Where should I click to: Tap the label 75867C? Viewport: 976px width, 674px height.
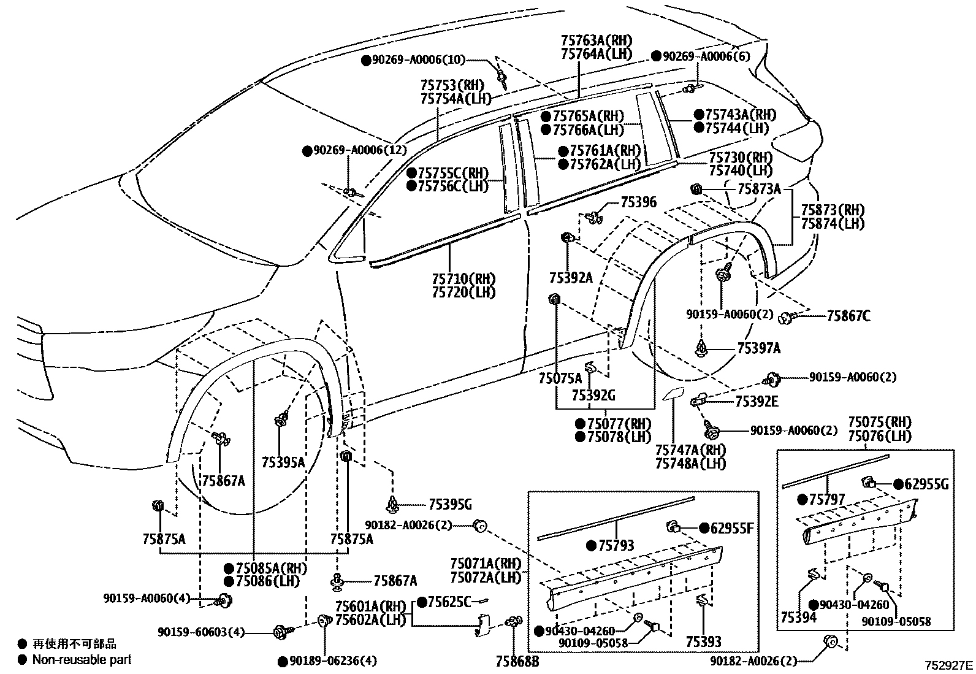coord(848,316)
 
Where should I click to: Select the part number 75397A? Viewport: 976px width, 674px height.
coord(758,349)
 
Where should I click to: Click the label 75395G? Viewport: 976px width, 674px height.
coord(450,505)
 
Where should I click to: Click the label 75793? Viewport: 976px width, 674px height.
coord(616,545)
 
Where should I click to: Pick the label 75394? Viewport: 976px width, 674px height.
coord(798,617)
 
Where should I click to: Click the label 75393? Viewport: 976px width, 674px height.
coord(703,642)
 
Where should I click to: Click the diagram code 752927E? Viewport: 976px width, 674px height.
coord(949,664)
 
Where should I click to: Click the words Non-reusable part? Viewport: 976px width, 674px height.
coord(82,660)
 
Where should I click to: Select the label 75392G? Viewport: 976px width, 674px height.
coord(593,396)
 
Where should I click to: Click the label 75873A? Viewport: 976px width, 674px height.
coord(759,189)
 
